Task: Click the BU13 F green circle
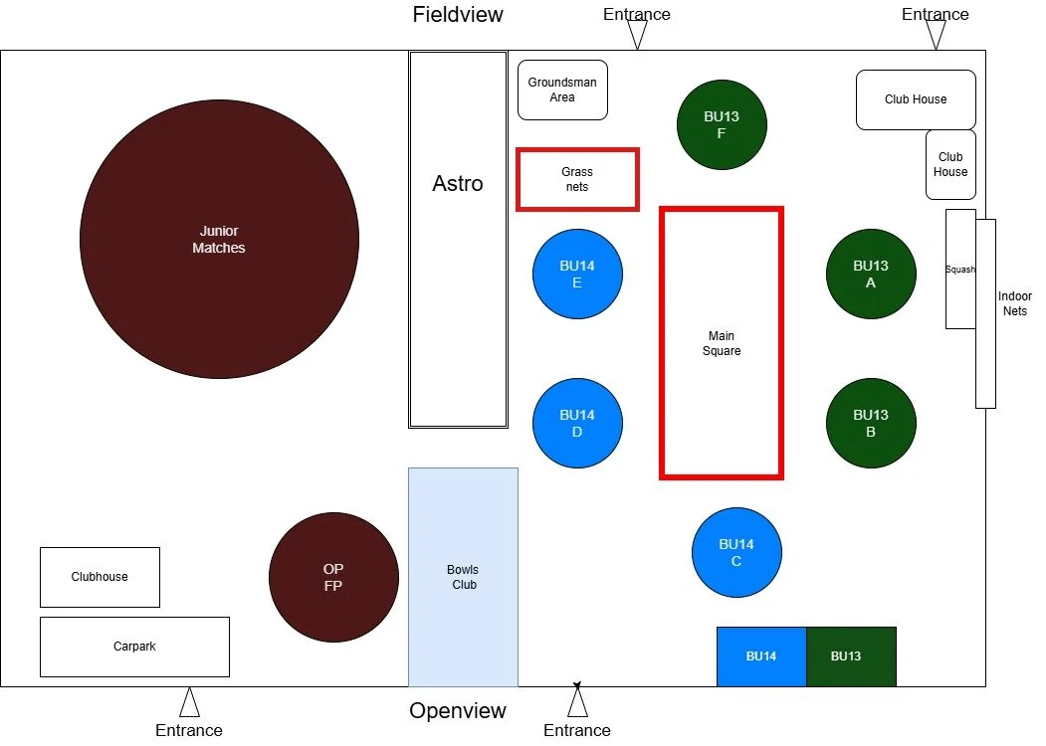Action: [x=722, y=124]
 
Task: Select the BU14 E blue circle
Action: [x=577, y=274]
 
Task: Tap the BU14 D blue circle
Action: [x=577, y=423]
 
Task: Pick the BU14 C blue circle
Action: [x=736, y=552]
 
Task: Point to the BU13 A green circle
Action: [x=871, y=274]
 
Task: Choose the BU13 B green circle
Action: [x=871, y=423]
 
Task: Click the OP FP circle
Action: [x=333, y=577]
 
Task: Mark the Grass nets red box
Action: [x=577, y=180]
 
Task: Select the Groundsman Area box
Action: [x=562, y=91]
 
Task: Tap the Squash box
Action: [x=959, y=269]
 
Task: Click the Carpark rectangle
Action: [x=134, y=647]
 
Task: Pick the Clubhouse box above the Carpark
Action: [x=100, y=577]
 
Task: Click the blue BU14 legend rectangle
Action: [x=761, y=656]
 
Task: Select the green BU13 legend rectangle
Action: [x=851, y=656]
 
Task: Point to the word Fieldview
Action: [x=458, y=15]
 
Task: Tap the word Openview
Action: [x=458, y=711]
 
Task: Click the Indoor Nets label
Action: [x=1015, y=303]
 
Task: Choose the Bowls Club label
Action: [x=463, y=577]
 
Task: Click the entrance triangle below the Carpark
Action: [x=189, y=703]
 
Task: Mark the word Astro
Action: [x=458, y=184]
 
